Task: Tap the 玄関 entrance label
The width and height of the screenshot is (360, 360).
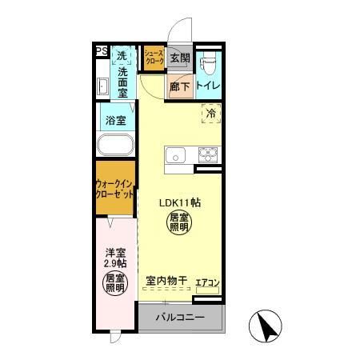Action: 180,58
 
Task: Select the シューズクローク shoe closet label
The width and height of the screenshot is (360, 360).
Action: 153,58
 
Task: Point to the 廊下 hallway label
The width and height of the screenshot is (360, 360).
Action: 179,86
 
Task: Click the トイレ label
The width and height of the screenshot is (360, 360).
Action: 208,86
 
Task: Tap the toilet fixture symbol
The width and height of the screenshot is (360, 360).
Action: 209,58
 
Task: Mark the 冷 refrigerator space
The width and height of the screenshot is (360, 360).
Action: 212,114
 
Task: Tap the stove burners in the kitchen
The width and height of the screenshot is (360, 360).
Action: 207,154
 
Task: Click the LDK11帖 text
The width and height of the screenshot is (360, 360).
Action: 178,203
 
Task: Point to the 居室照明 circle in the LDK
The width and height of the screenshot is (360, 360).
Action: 178,223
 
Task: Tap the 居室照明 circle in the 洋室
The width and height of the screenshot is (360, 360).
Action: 115,283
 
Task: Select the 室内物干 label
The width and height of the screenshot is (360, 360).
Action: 166,282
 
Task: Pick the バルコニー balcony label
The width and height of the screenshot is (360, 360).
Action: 180,318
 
